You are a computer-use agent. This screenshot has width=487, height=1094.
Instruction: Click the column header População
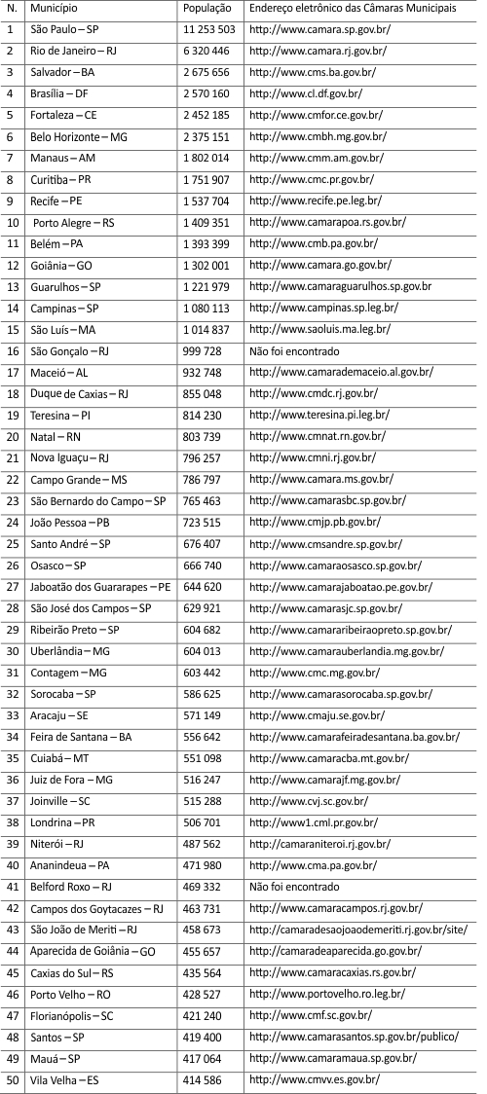tap(206, 8)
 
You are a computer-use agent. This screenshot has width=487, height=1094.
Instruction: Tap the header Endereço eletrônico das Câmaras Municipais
tap(352, 8)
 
